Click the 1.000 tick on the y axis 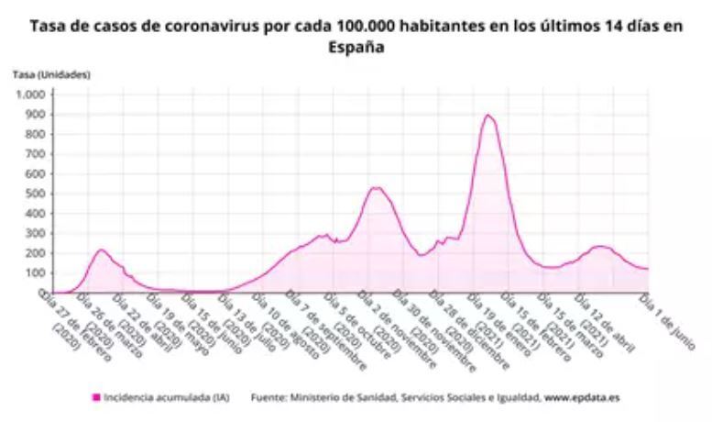(x=32, y=95)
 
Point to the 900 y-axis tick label (x=35, y=115)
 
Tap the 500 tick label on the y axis (x=35, y=194)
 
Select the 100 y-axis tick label (x=35, y=272)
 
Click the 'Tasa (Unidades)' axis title (x=51, y=73)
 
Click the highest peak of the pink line (x=488, y=116)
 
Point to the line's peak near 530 (x=376, y=188)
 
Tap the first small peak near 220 (x=101, y=250)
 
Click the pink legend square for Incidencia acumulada (x=95, y=398)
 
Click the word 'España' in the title (x=356, y=46)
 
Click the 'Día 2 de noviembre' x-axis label (x=390, y=327)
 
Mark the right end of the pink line (x=649, y=269)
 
